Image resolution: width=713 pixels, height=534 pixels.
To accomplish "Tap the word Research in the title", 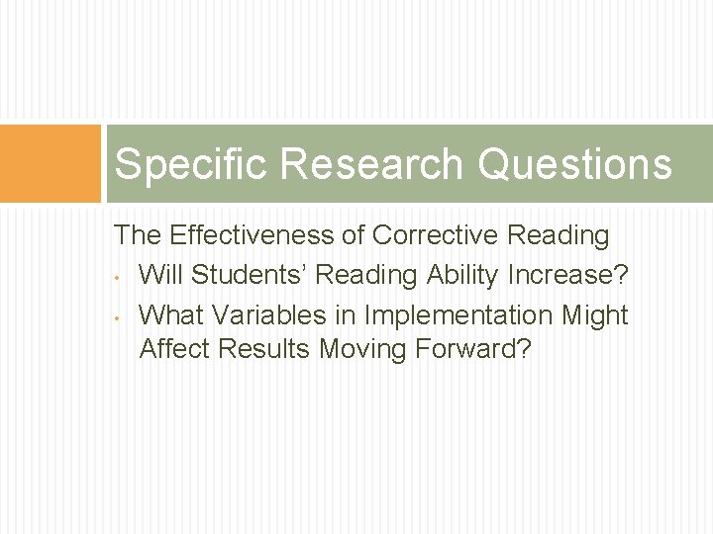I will coord(372,164).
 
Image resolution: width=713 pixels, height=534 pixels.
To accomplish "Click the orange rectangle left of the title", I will coord(51,163).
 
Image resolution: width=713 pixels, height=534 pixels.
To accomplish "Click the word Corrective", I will coord(435,235).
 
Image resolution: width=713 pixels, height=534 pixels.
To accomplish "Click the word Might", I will coord(595,315).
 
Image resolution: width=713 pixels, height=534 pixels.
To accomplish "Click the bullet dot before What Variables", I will coord(118,317).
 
